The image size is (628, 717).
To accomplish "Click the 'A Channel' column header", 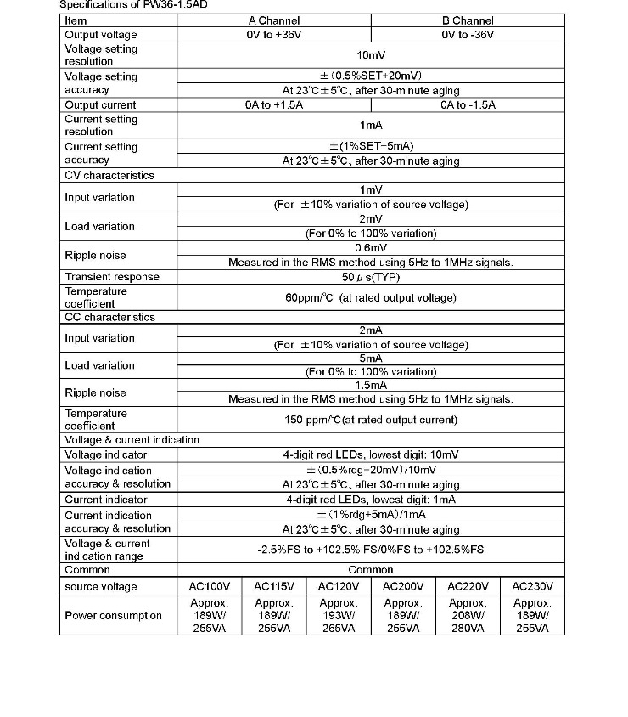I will [274, 20].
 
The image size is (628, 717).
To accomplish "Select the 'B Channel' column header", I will [468, 20].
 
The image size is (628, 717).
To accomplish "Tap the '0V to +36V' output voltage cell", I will [274, 35].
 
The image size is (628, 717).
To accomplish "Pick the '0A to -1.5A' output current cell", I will [468, 104].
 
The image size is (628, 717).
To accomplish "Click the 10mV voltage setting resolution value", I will [371, 54].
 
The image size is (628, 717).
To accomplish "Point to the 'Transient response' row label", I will [112, 277].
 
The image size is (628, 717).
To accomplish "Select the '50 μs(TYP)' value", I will [371, 277].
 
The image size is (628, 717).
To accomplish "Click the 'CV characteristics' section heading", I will [109, 175].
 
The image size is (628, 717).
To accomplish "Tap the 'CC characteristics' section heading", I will [109, 317].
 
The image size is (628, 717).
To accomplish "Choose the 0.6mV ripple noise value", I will [371, 248].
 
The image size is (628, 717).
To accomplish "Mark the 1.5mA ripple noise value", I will [371, 385].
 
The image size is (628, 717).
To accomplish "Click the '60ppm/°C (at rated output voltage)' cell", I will [371, 297].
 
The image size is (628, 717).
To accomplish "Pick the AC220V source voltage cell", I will [468, 587].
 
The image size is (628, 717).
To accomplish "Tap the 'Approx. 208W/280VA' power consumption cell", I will [468, 616].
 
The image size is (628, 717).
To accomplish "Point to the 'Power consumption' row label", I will [113, 616].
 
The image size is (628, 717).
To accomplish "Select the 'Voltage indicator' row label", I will [106, 454].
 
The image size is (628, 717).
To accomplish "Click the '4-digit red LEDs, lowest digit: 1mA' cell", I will [371, 500].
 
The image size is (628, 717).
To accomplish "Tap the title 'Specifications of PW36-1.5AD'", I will [133, 5].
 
